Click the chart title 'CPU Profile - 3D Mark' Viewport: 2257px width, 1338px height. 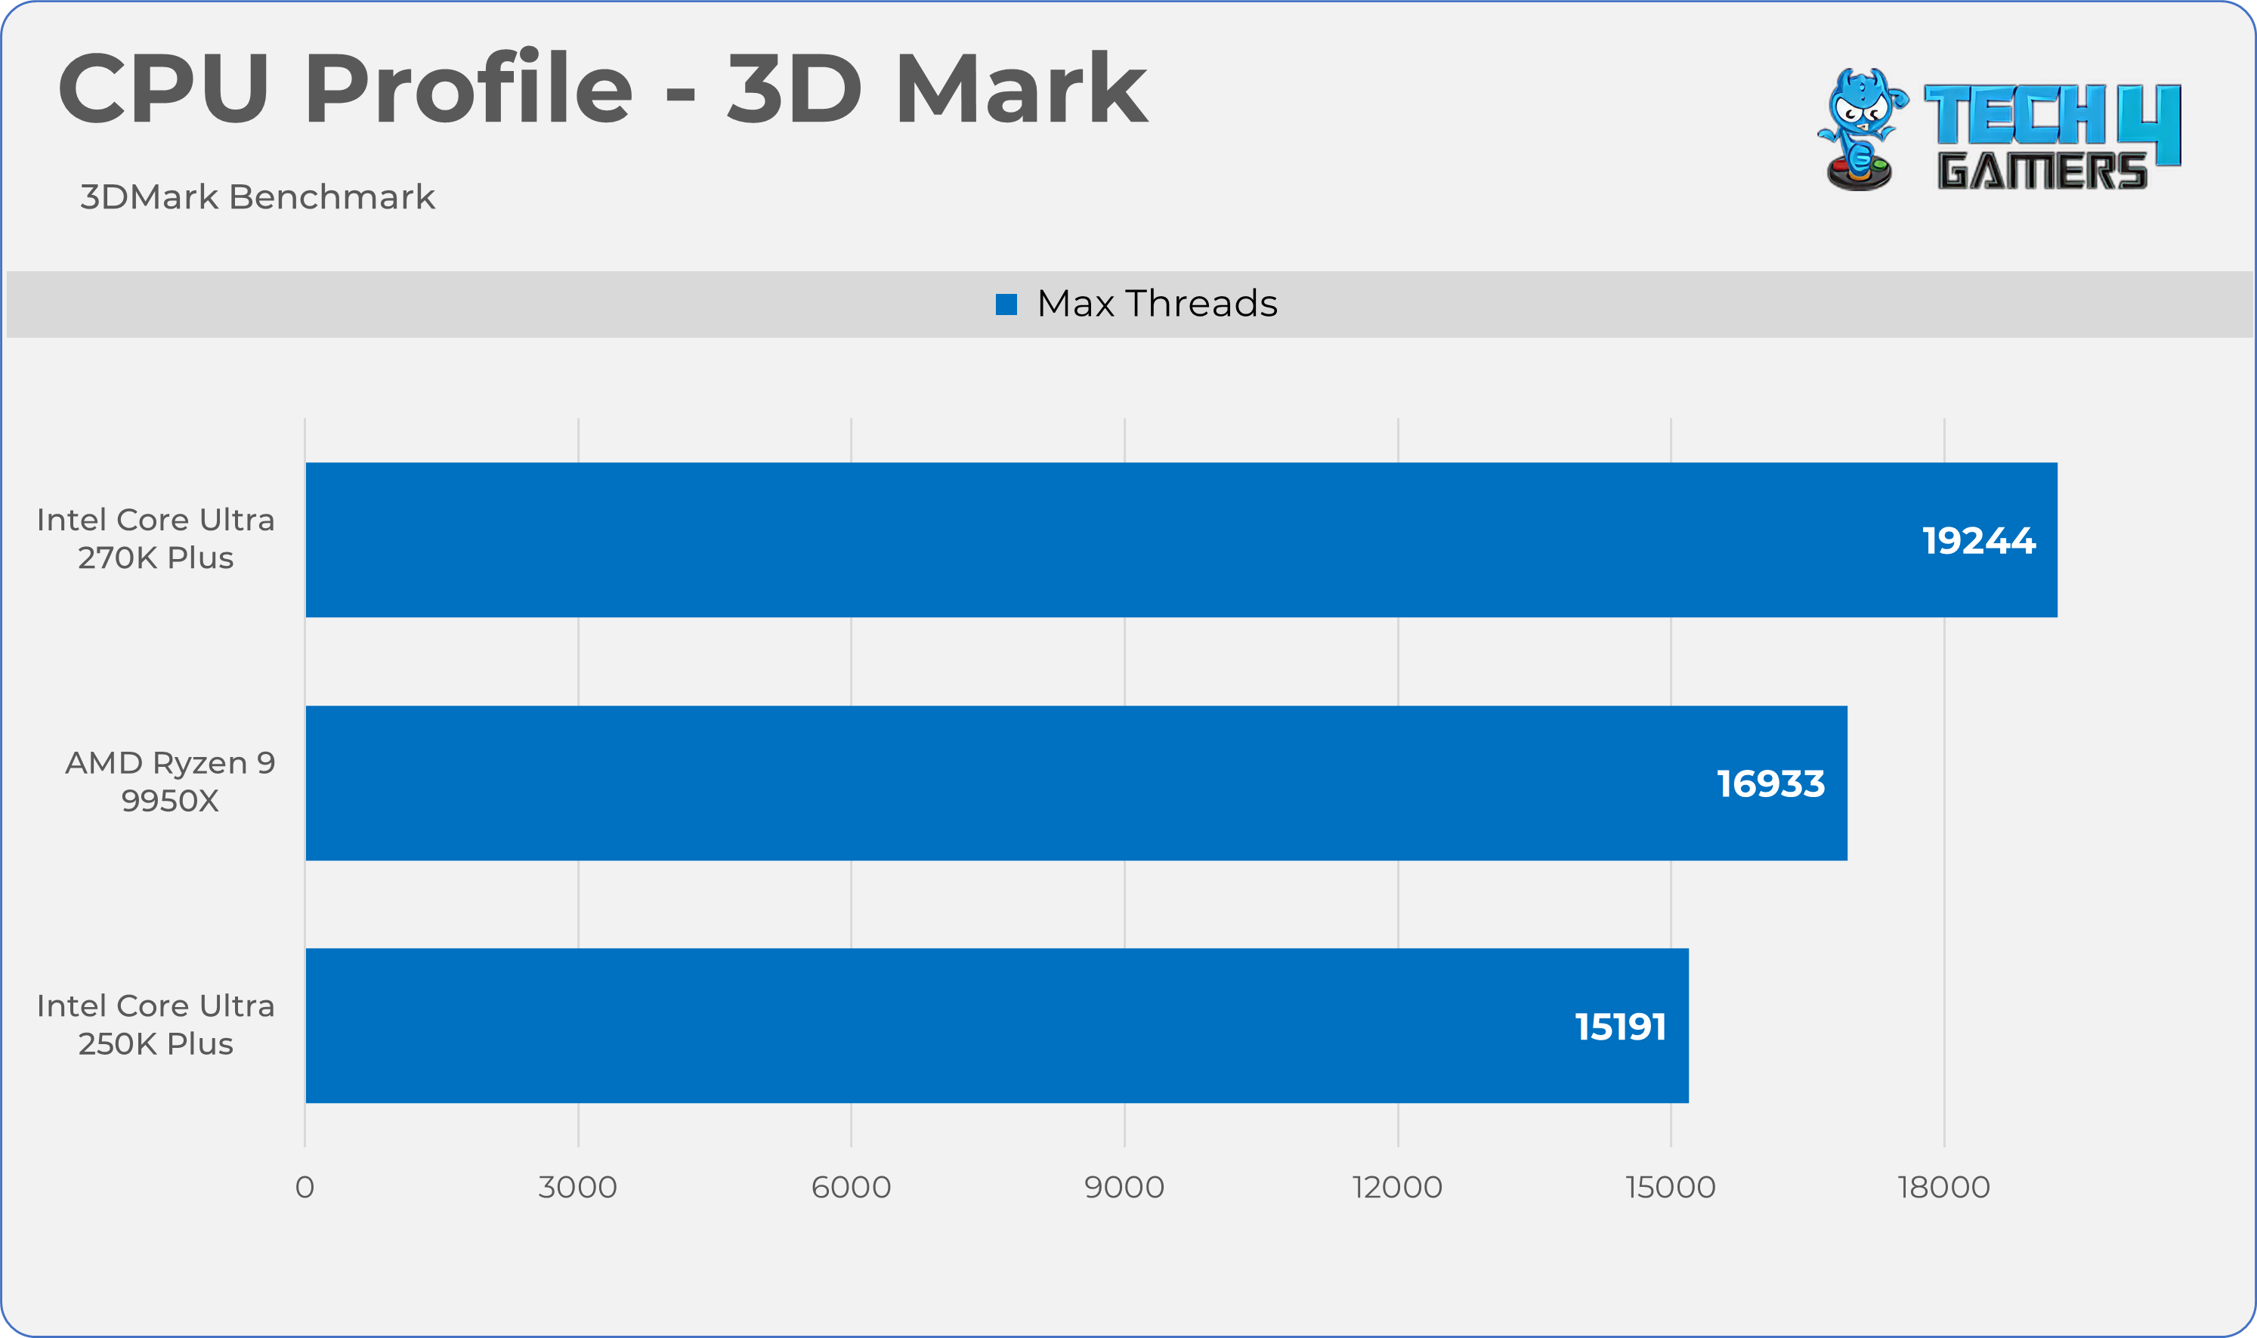click(601, 88)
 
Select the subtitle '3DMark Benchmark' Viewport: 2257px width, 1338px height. click(257, 196)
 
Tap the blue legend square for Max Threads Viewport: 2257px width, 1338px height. click(1006, 304)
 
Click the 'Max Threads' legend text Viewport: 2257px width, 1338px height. click(1157, 304)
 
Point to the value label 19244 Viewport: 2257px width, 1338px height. click(1978, 541)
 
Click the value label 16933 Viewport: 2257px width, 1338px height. click(1770, 783)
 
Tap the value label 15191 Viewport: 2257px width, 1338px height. click(1620, 1026)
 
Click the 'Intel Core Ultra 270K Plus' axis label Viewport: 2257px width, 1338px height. click(155, 538)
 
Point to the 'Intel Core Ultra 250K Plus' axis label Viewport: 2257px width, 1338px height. click(155, 1024)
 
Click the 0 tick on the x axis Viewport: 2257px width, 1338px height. click(305, 1188)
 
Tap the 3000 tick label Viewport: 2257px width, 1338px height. click(577, 1188)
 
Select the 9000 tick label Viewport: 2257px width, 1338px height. click(1124, 1188)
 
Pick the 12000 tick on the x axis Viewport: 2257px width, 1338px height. click(1397, 1188)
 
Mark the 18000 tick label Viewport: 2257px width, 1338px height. click(1943, 1188)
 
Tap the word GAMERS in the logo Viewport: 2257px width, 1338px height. click(2042, 171)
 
